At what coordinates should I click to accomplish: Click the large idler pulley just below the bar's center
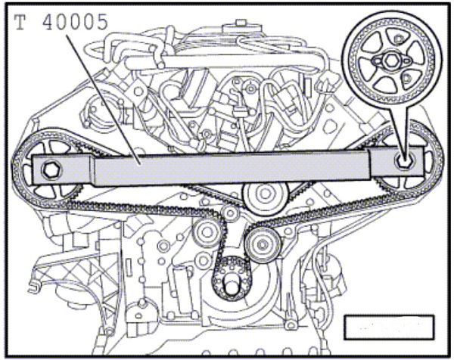click(x=264, y=197)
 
